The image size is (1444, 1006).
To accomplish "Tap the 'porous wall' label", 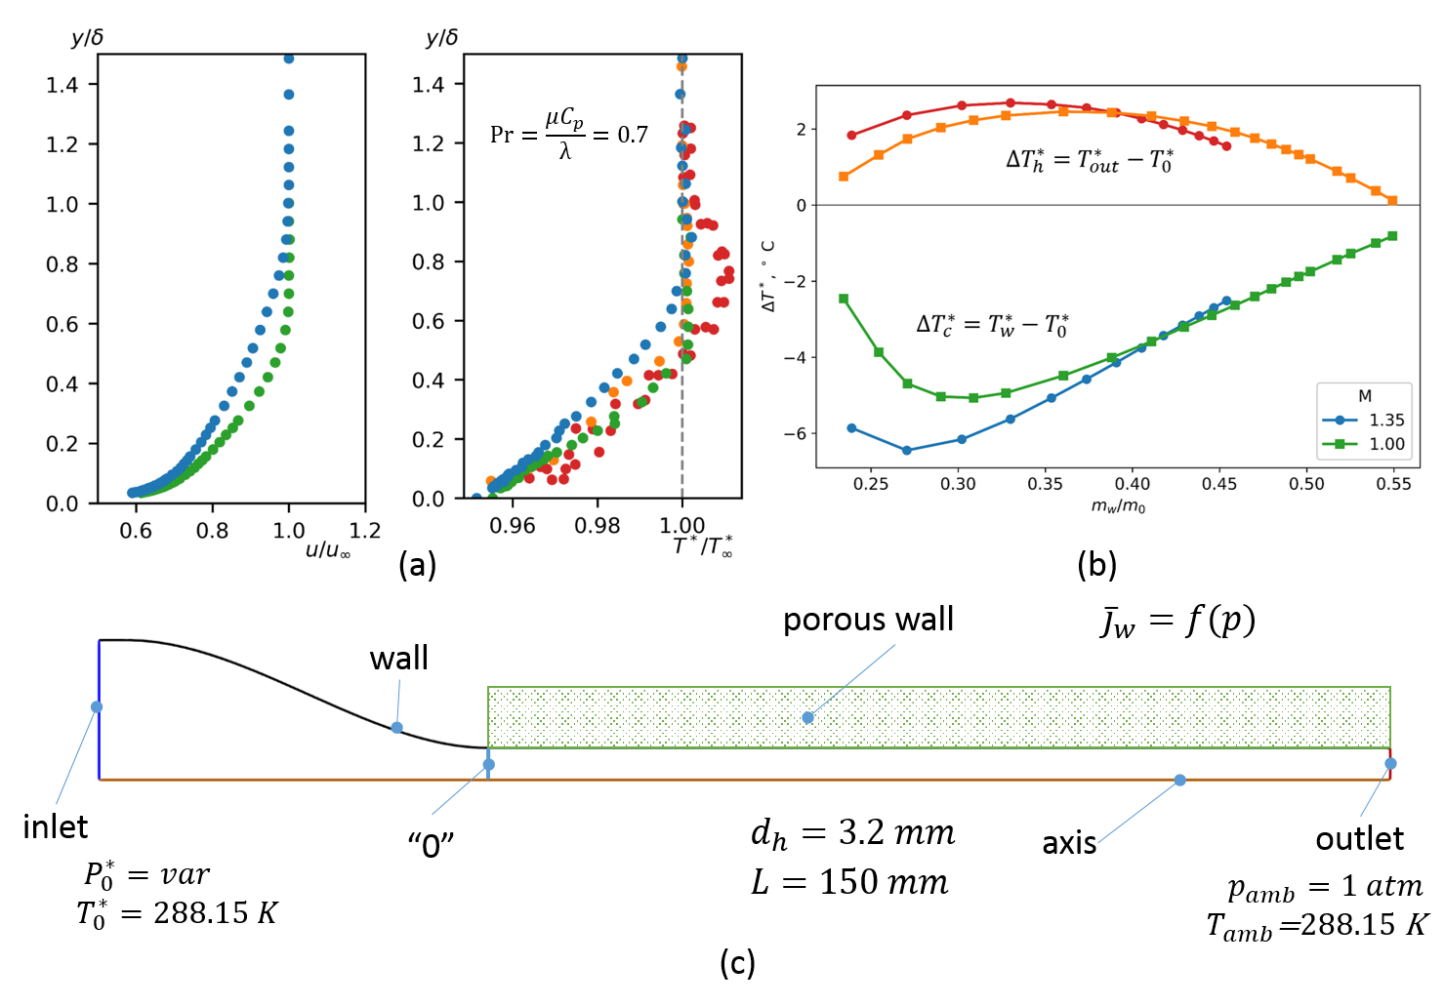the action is tap(868, 621).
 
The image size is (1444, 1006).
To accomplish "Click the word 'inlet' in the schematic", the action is tap(56, 826).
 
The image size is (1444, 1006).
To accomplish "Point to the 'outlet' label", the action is tap(1360, 839).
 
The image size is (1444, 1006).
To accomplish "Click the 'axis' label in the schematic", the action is tap(1069, 843).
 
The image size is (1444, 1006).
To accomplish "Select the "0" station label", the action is tap(431, 844).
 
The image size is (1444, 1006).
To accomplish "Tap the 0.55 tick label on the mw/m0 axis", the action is tap(1393, 484).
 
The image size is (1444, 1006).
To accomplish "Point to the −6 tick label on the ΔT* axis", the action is tap(795, 433).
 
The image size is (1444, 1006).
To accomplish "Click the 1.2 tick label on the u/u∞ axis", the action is tap(365, 531).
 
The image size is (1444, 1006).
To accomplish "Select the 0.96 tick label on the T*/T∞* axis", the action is tap(512, 526).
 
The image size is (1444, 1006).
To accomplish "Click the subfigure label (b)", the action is tap(1096, 565).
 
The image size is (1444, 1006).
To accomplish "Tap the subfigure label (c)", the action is tap(737, 964).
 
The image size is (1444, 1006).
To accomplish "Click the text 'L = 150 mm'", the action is tap(849, 882).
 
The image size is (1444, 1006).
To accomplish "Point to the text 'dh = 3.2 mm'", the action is tap(852, 834).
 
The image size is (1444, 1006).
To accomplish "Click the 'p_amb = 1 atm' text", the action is tap(1326, 887).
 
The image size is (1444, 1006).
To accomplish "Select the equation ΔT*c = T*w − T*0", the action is tap(993, 325).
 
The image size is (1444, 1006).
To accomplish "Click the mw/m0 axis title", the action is tap(1118, 507).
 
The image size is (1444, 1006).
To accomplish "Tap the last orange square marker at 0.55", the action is tap(1392, 201).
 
